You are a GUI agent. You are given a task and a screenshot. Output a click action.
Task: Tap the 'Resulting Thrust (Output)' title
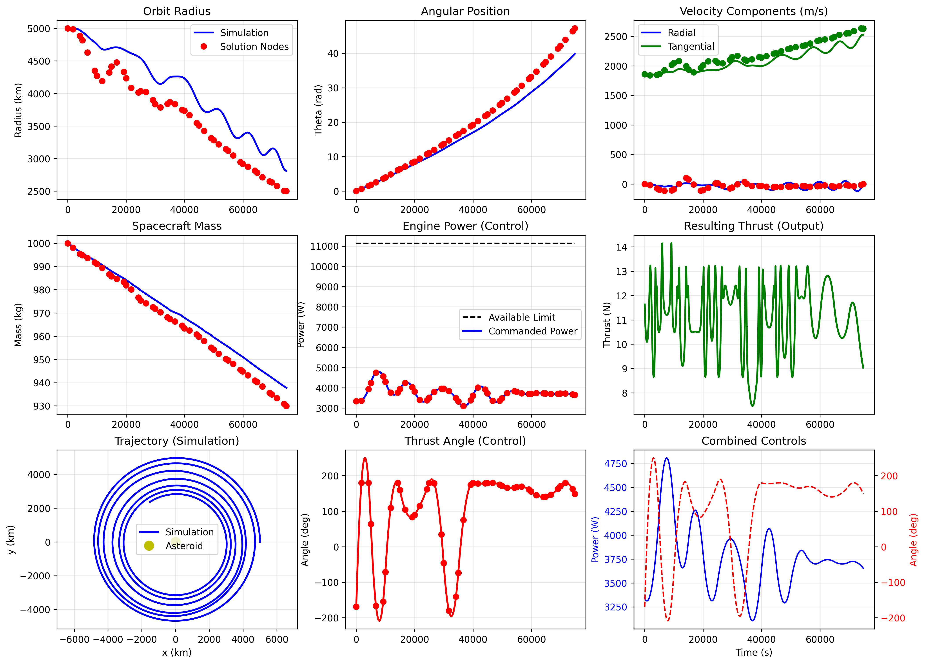tap(753, 226)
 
